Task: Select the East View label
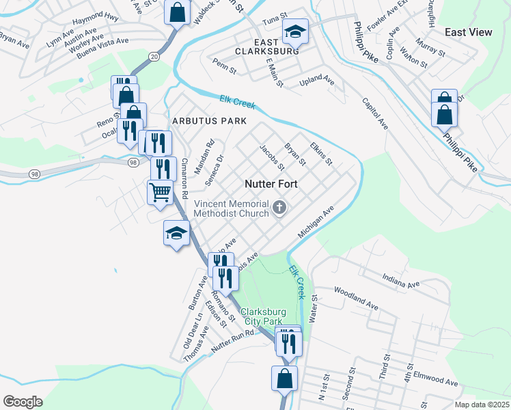pos(468,32)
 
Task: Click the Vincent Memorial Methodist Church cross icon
pos(279,208)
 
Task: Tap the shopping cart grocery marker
pos(160,192)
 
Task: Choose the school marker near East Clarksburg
pos(296,31)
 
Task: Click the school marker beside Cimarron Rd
pos(176,234)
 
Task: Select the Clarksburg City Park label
pos(261,316)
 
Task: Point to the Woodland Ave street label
pos(355,299)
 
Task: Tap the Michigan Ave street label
pos(314,223)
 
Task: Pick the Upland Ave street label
pos(317,82)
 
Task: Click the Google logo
pos(23,402)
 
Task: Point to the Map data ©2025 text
pos(482,405)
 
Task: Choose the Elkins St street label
pos(320,153)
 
